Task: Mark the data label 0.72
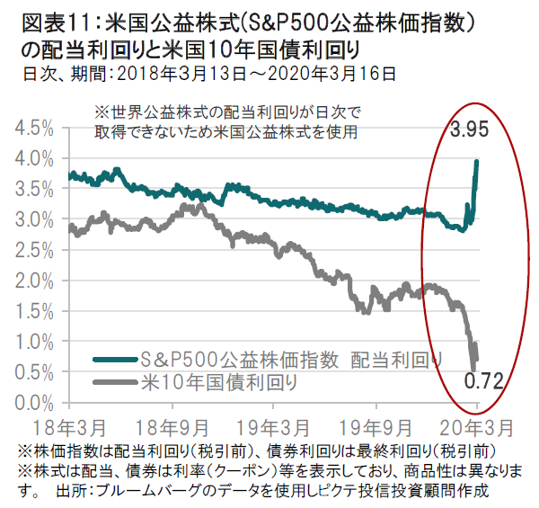pos(482,382)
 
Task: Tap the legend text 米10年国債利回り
pos(219,382)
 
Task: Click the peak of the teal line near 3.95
pos(476,161)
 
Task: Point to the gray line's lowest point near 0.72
pos(473,367)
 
